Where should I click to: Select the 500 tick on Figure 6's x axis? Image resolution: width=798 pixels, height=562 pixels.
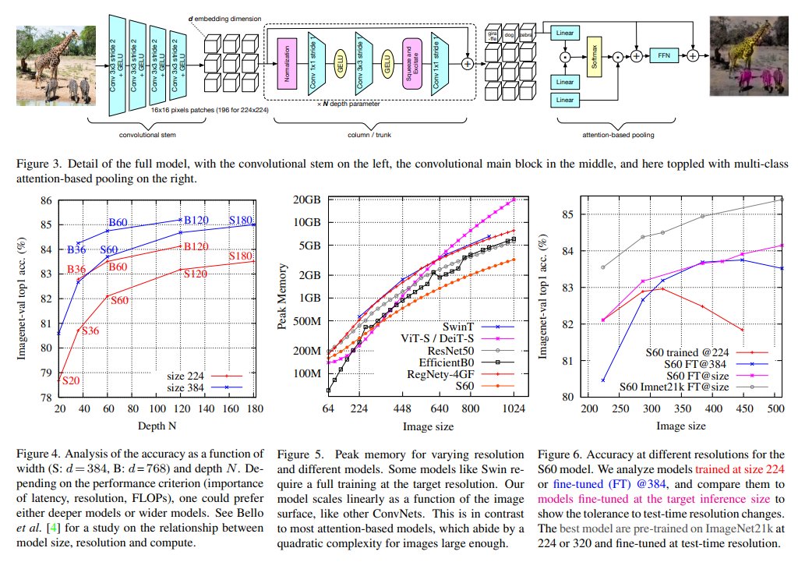[x=779, y=407]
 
